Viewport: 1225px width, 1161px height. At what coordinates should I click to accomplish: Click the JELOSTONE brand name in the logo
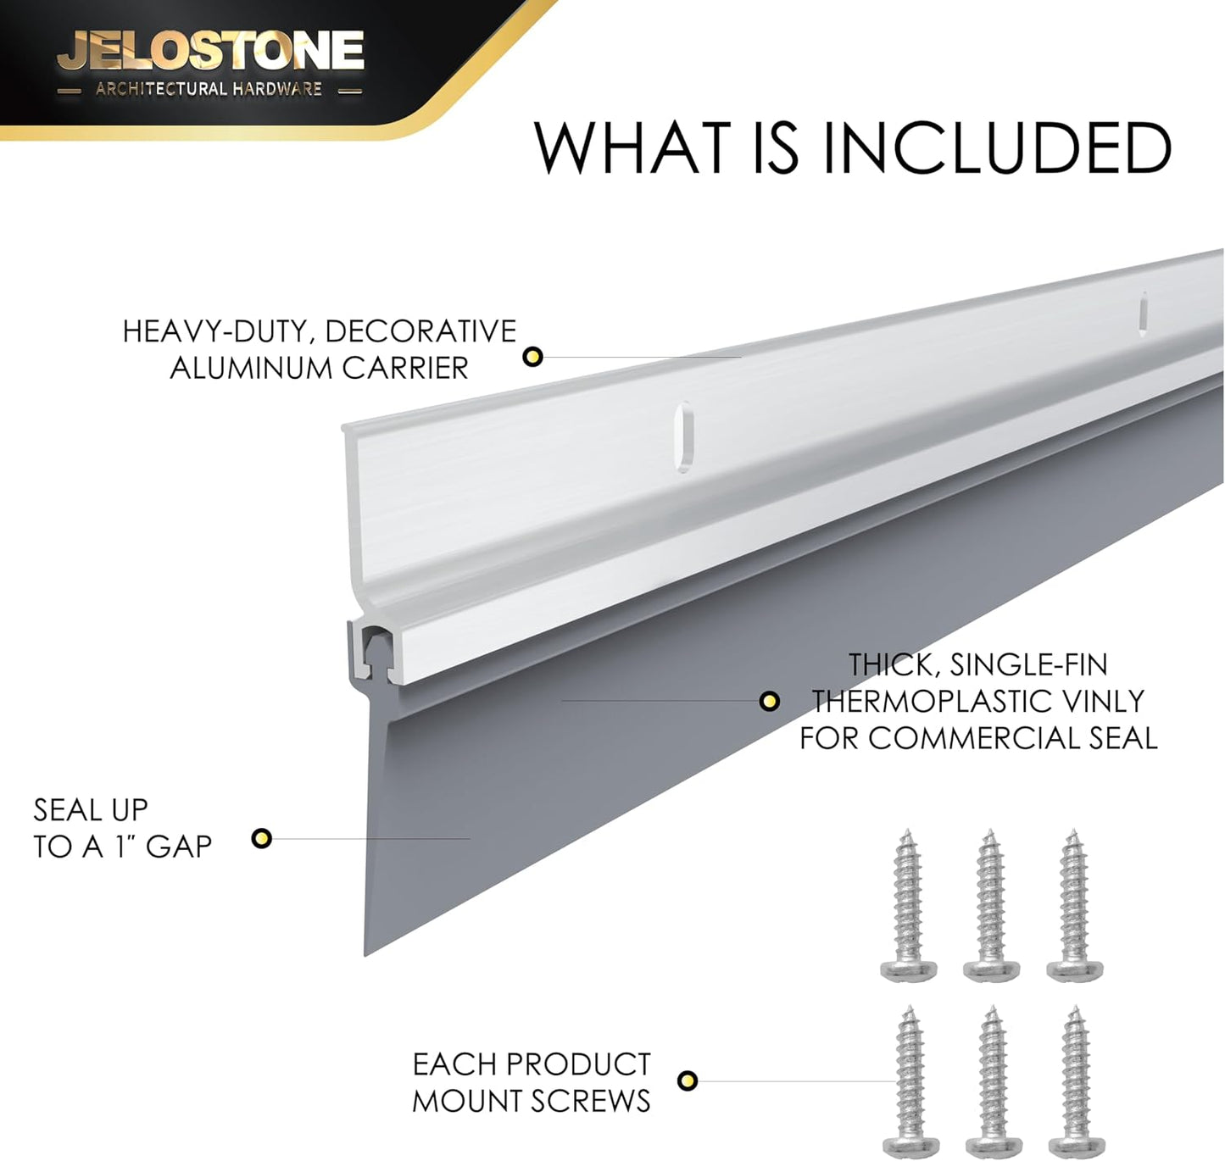[x=210, y=51]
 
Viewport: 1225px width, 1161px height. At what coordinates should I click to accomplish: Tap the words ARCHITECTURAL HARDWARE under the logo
[x=209, y=89]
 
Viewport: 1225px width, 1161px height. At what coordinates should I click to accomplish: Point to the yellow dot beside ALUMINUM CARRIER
[x=532, y=357]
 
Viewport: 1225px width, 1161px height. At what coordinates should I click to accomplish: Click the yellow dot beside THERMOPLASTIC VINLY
[x=770, y=702]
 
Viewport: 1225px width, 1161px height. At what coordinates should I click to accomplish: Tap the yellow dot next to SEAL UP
[x=261, y=838]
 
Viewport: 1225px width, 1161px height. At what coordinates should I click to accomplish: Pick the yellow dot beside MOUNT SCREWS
[x=688, y=1080]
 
